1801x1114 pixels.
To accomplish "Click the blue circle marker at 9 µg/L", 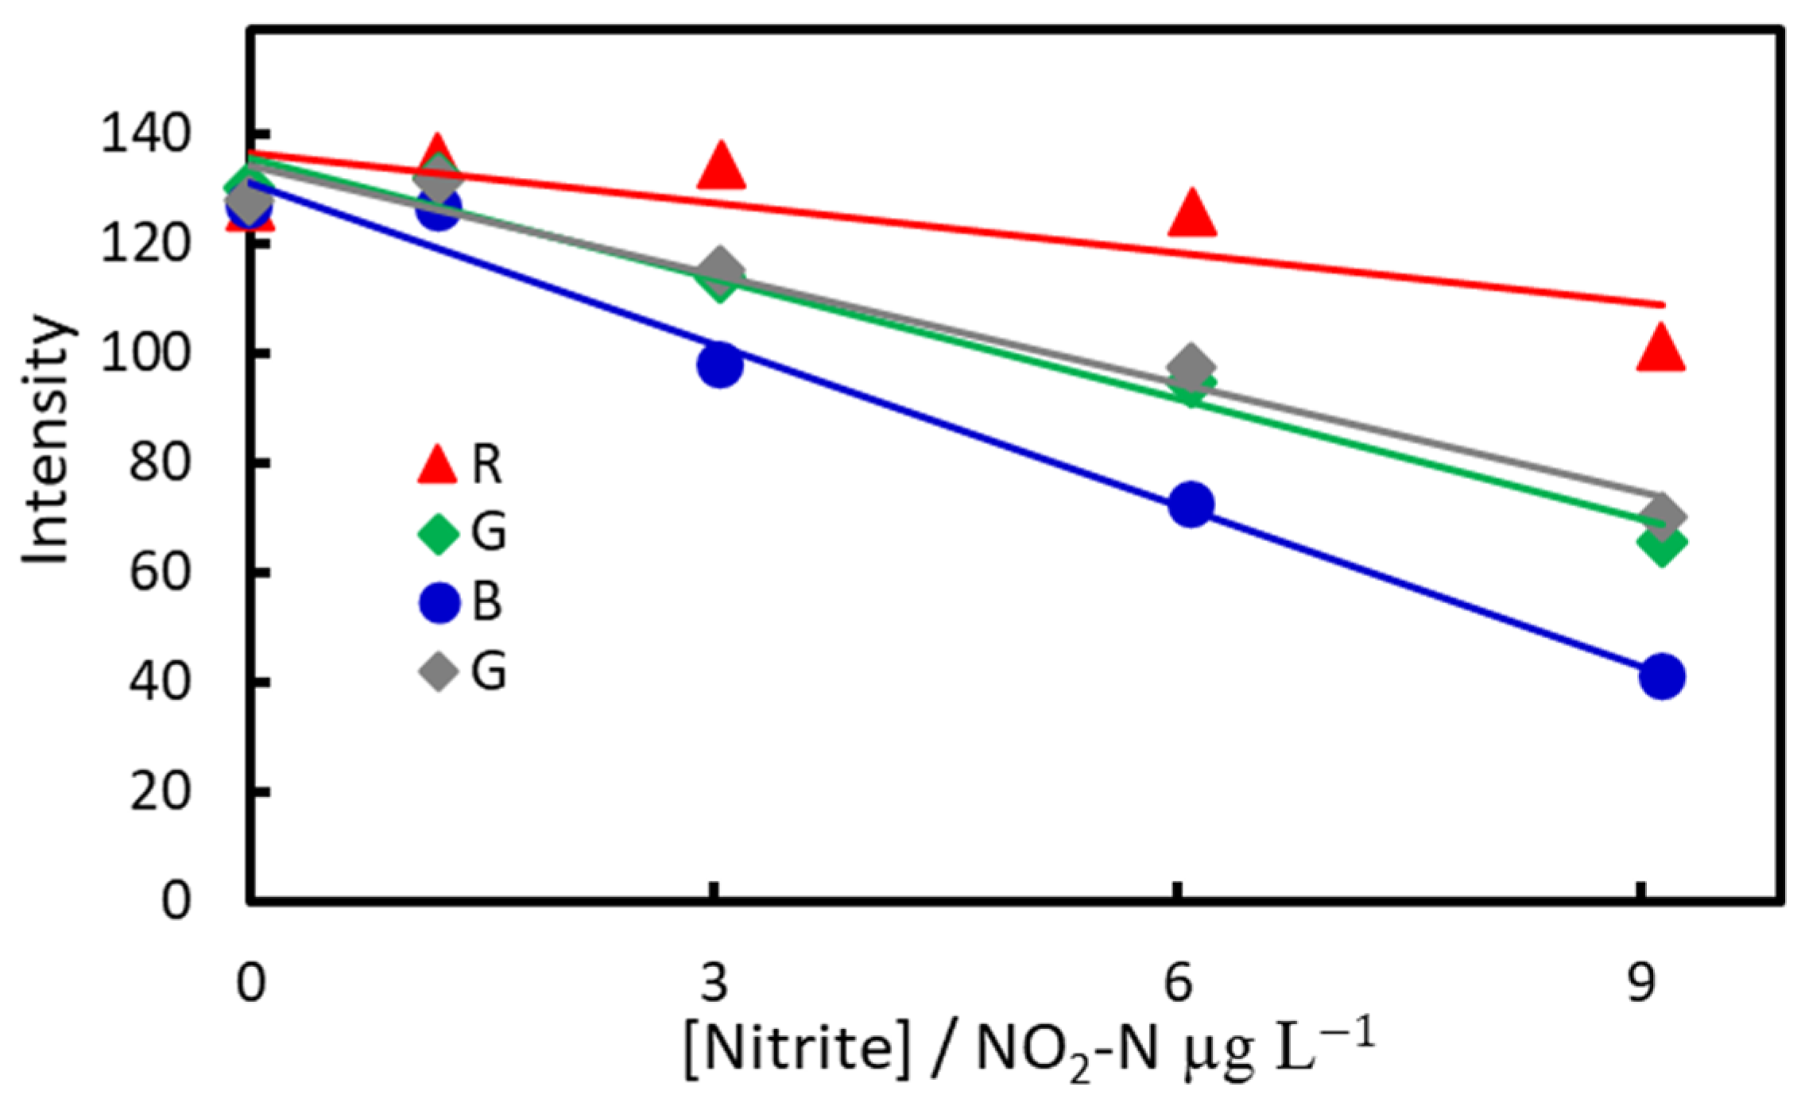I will point(1661,676).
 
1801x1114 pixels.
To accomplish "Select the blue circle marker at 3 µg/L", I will point(720,366).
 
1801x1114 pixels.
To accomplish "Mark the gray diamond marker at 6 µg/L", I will point(1191,367).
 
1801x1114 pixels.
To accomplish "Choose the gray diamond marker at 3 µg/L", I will point(720,268).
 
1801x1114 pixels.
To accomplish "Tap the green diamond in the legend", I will point(438,532).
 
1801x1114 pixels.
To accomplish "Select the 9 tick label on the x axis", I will point(1640,982).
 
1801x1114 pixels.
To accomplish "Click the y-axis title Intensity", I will point(46,441).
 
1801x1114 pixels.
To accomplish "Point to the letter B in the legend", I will point(487,601).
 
